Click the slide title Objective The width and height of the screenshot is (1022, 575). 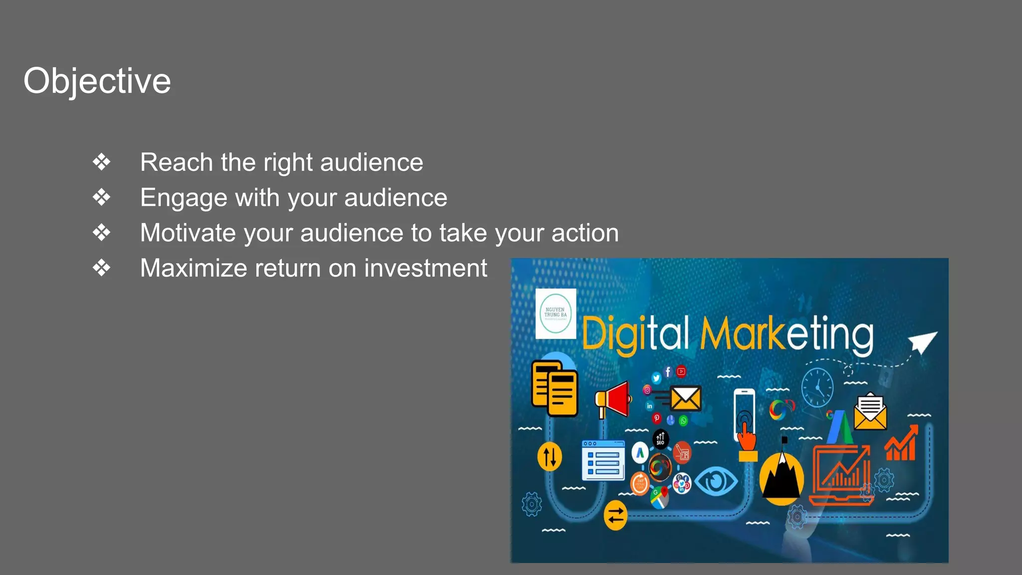click(97, 81)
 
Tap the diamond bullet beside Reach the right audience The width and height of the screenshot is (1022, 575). click(101, 162)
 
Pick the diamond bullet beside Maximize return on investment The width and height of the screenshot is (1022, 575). click(101, 268)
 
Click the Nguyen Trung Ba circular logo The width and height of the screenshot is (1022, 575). click(555, 314)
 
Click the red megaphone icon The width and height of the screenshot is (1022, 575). click(613, 400)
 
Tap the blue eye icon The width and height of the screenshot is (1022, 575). click(716, 481)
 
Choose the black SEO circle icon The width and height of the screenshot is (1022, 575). click(660, 439)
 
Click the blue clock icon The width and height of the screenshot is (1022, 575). click(817, 387)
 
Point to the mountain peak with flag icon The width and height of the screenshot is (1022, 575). click(781, 474)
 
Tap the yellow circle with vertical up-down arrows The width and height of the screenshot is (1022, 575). click(549, 456)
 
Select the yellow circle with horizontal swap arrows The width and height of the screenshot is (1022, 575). click(615, 515)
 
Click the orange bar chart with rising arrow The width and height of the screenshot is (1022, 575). click(901, 444)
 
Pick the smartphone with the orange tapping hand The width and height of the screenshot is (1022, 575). click(745, 419)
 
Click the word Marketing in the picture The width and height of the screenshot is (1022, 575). click(786, 334)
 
